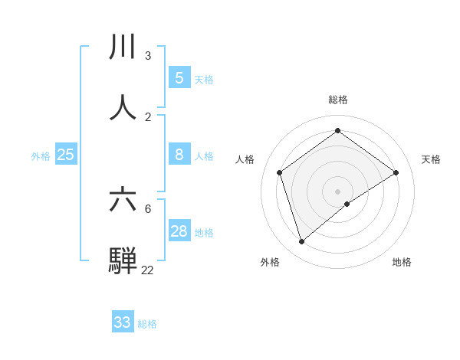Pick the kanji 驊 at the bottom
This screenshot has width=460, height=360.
coord(123,260)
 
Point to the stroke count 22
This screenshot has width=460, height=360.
coord(147,270)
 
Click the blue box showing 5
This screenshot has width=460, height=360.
coord(179,77)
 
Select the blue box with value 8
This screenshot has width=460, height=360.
coord(179,155)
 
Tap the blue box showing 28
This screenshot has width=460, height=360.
coord(179,231)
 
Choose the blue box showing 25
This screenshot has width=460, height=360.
coord(66,155)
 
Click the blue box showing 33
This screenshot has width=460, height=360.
coord(123,322)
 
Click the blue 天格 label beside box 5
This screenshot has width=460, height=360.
coord(204,80)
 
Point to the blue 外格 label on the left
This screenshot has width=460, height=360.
coord(41,156)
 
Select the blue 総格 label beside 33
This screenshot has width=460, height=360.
coord(147,324)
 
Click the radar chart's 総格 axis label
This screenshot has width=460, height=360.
coord(338,100)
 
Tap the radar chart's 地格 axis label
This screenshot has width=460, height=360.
coord(402,262)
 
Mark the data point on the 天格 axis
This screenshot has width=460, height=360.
coord(396,172)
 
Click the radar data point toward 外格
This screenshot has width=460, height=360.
coord(302,242)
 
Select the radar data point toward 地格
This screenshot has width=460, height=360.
coord(347,204)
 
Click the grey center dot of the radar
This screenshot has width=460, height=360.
coord(338,191)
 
